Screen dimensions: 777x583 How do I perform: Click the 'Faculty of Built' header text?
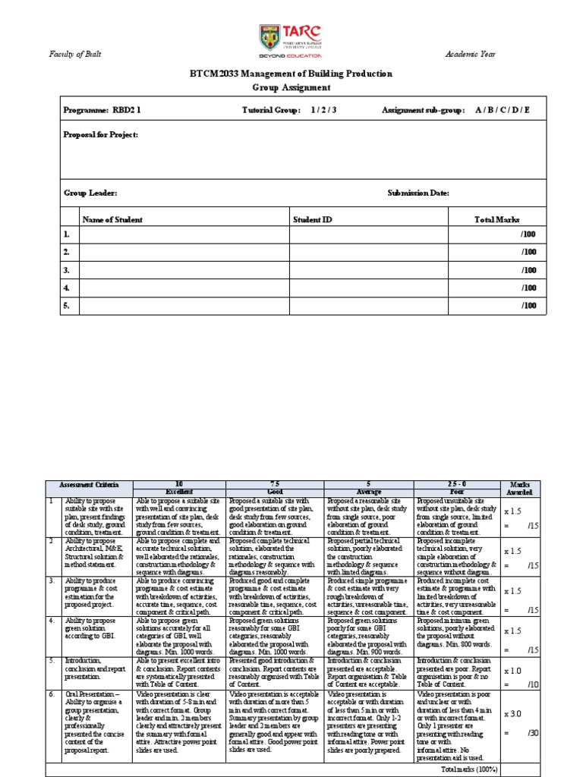75,55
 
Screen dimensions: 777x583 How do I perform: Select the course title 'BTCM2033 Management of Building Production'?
291,74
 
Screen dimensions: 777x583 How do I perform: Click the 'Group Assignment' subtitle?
291,87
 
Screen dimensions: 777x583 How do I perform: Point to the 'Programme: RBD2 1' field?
102,110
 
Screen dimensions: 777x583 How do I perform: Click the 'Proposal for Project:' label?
101,134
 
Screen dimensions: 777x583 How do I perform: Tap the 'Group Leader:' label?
90,193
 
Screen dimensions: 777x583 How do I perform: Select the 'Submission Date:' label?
418,193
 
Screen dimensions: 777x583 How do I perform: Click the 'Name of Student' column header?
112,219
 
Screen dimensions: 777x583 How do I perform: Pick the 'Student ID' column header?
313,219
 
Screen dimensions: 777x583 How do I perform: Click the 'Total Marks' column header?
497,219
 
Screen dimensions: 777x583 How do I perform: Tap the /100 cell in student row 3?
528,270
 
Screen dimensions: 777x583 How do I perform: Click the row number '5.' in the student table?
67,306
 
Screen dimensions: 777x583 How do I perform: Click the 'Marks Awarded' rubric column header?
520,488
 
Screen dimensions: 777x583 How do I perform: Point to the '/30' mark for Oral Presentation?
533,731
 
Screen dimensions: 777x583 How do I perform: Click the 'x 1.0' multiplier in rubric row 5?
514,671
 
